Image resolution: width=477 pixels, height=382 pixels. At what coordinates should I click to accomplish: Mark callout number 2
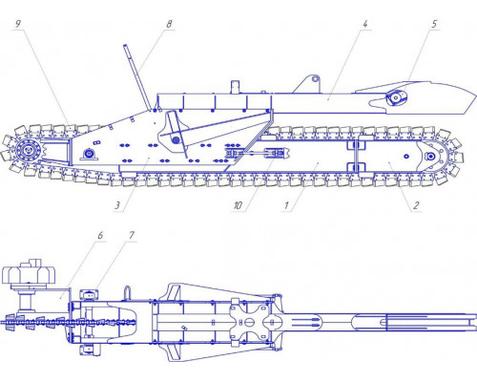(414, 203)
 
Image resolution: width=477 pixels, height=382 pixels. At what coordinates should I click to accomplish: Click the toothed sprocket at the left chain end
(31, 153)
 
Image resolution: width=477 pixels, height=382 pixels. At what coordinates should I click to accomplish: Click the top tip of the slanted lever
(124, 46)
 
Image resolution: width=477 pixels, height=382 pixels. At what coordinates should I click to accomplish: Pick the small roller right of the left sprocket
(89, 155)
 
